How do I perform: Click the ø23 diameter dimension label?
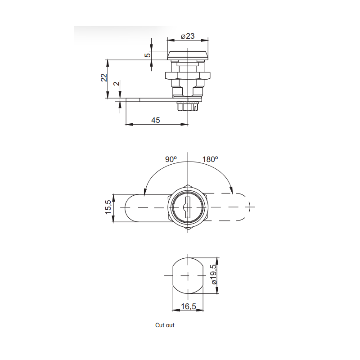tap(188, 36)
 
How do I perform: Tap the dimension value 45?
tap(155, 120)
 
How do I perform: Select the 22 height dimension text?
tap(104, 77)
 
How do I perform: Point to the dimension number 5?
tap(148, 55)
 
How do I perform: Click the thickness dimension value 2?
tap(117, 83)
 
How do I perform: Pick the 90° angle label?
tap(171, 159)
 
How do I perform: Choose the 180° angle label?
tap(210, 159)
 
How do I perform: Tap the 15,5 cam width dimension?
tap(108, 207)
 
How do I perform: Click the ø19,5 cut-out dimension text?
tap(213, 274)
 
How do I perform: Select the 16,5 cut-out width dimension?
tap(188, 306)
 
